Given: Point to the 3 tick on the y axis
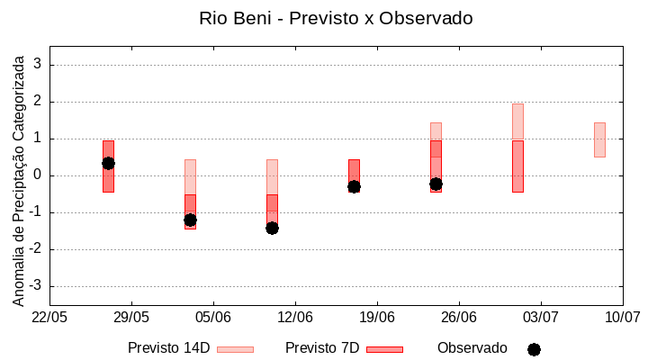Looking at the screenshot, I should click(38, 65).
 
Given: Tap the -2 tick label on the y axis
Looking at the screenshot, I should click(35, 249).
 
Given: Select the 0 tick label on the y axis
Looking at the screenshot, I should click(38, 175).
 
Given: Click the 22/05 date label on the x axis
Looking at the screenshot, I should click(49, 318).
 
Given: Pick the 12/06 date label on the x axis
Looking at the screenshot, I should click(295, 318).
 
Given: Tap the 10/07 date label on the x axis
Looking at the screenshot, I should click(622, 318).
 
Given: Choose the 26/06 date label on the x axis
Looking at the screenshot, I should click(459, 318).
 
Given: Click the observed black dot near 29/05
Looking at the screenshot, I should click(108, 163).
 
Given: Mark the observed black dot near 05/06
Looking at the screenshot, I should click(190, 220).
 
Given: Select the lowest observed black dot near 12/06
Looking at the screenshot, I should click(272, 228).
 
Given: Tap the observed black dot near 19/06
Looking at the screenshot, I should click(354, 186).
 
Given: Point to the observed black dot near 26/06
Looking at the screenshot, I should click(436, 184).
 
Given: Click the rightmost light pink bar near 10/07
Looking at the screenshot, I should click(599, 139).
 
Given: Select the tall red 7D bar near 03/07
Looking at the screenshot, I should click(517, 166).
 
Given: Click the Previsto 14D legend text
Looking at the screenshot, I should click(168, 348).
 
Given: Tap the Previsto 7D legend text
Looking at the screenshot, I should click(322, 348).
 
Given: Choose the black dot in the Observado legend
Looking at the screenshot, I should click(534, 349).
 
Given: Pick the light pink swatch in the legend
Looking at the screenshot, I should click(235, 349).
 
